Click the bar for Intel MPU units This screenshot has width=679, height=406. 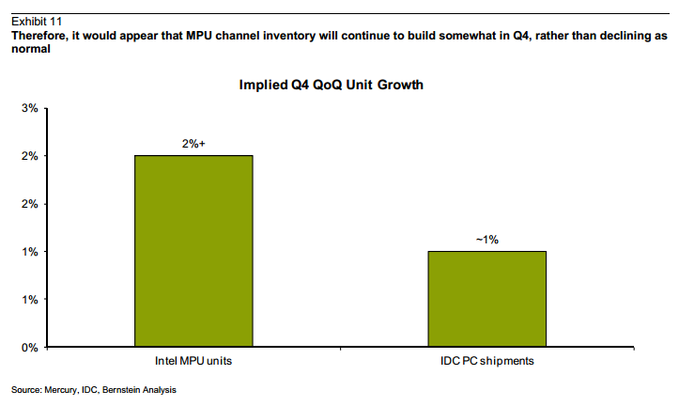point(193,251)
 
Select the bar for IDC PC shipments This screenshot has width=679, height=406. point(486,299)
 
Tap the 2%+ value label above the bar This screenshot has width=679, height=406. point(193,144)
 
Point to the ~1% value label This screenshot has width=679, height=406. point(486,240)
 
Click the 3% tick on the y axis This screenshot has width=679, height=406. point(29,108)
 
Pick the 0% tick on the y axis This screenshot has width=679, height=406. point(29,348)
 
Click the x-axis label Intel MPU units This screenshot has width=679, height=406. point(193,361)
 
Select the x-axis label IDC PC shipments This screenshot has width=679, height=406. point(486,361)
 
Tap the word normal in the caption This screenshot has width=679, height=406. point(28,49)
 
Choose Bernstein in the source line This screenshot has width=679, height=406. point(127,389)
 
